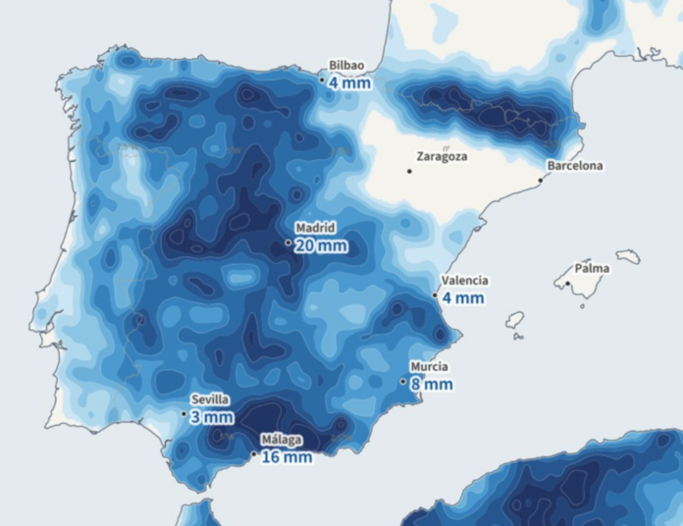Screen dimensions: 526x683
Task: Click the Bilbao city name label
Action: click(x=347, y=65)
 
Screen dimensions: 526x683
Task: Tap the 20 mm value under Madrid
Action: click(x=320, y=245)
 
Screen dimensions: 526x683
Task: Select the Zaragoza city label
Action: click(x=442, y=156)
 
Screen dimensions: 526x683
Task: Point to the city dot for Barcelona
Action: click(x=540, y=181)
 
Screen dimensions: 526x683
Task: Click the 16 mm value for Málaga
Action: click(x=287, y=457)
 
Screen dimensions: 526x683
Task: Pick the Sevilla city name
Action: click(x=210, y=399)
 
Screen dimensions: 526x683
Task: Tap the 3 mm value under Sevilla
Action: click(x=212, y=417)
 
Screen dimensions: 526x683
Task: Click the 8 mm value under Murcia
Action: click(x=432, y=385)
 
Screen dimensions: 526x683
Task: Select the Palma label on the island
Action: click(x=592, y=268)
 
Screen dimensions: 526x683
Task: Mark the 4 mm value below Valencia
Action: click(x=462, y=297)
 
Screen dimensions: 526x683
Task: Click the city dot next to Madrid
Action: click(x=288, y=242)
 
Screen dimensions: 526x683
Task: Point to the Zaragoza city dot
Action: click(x=409, y=171)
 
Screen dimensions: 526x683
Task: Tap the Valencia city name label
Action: click(x=464, y=281)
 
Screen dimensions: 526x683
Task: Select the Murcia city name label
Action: click(x=431, y=367)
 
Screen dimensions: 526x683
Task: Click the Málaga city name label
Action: click(x=282, y=441)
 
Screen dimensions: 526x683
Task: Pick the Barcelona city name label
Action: click(x=575, y=166)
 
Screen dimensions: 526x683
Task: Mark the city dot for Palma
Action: click(x=567, y=285)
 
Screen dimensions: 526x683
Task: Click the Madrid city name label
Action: click(x=315, y=228)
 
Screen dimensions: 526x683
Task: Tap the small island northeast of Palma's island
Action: click(x=628, y=256)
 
